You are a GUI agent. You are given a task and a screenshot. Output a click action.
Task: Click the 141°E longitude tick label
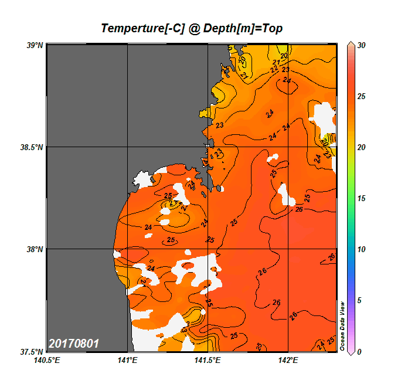pyautogui.click(x=127, y=361)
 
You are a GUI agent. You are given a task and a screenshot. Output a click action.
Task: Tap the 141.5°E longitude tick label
pyautogui.click(x=208, y=361)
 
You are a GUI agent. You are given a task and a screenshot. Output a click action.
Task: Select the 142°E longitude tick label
pyautogui.click(x=288, y=361)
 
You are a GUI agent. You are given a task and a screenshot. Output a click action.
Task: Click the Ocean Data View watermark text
pyautogui.click(x=343, y=326)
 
